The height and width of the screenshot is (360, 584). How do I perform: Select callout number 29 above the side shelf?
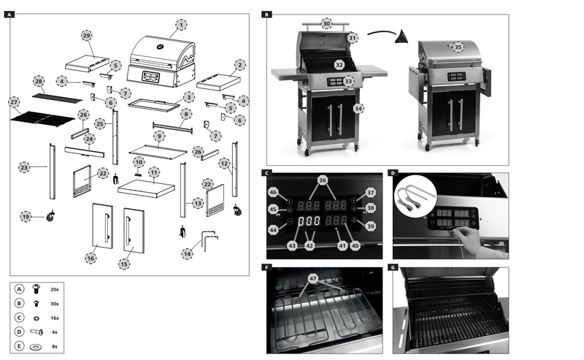point(87,35)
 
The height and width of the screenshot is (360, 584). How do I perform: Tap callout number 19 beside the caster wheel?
point(26,216)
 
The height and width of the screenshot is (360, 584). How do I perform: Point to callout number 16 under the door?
point(91,258)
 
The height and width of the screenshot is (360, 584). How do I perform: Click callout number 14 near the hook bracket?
point(188,253)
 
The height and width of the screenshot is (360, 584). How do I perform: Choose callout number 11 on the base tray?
point(154,172)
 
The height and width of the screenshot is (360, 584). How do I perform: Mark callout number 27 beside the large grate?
point(14,102)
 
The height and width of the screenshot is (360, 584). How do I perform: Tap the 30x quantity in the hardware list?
point(55,303)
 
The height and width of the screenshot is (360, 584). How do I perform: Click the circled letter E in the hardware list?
point(19,346)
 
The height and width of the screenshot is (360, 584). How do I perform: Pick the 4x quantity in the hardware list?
point(55,332)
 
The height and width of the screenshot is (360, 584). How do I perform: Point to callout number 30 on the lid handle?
point(326,24)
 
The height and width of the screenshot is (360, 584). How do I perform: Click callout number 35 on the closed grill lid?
point(458,47)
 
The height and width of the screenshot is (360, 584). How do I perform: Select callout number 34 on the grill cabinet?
point(358,108)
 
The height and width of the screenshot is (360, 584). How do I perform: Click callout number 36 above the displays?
point(322,180)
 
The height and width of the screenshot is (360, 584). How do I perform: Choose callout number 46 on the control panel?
point(272,192)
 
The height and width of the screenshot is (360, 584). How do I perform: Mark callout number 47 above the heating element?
point(312,278)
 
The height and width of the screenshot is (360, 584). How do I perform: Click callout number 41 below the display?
point(342,246)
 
